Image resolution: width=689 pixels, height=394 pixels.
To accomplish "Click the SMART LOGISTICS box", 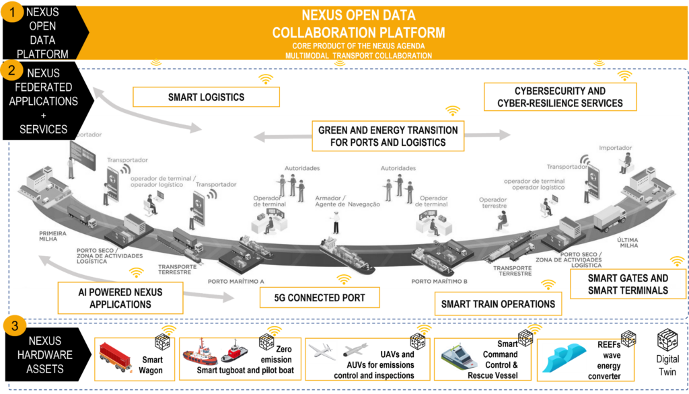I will [206, 97].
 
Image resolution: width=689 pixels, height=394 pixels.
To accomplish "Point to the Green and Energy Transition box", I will [388, 136].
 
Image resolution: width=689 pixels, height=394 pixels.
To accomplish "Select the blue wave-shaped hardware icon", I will [564, 358].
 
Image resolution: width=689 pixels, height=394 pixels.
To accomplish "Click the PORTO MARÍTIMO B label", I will [439, 281].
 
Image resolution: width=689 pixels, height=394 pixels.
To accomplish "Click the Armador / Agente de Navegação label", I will [347, 201].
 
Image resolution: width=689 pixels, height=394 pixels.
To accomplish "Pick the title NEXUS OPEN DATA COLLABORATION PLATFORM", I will [358, 24].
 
